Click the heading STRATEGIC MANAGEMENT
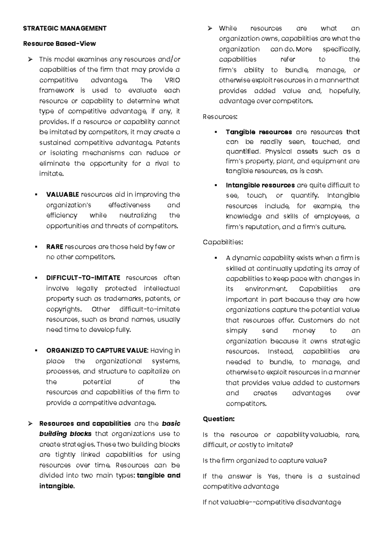coord(65,28)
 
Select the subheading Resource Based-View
coord(59,44)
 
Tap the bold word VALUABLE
coord(63,195)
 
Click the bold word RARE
coord(55,247)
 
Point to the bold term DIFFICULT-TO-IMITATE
coord(83,278)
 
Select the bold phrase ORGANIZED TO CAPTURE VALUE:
coord(97,351)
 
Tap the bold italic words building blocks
coord(65,434)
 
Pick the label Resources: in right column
coord(220,117)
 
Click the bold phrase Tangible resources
coord(259,132)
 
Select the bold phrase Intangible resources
coord(260,185)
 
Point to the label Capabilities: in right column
coord(223,242)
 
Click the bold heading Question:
coord(219,419)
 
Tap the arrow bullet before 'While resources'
coord(210,28)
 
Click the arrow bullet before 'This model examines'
coord(30,59)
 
